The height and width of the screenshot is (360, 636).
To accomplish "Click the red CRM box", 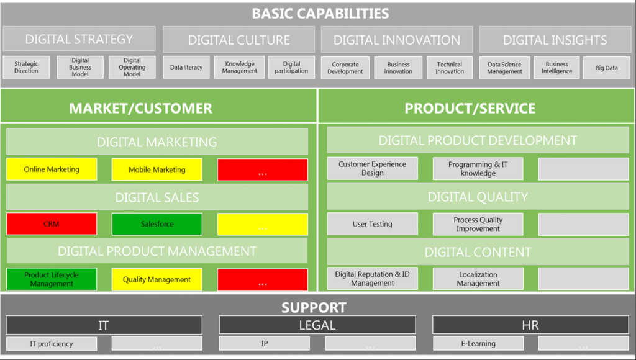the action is click(x=52, y=224).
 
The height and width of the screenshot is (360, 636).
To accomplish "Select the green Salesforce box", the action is click(x=157, y=224).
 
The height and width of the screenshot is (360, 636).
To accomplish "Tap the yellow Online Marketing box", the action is click(x=52, y=169).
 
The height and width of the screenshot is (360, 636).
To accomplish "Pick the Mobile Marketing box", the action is click(x=157, y=169).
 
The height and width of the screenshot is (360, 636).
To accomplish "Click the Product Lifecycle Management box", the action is click(x=52, y=279).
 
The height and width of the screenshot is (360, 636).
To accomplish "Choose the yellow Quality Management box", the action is click(x=157, y=279).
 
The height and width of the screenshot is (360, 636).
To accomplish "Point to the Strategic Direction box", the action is click(x=26, y=67).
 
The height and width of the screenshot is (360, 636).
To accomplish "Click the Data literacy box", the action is click(x=186, y=67).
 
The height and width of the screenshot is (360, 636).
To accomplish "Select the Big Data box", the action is click(x=607, y=68).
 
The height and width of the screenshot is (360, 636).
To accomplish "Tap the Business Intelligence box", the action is click(x=556, y=68).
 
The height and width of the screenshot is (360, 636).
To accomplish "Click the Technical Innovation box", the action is click(x=450, y=68).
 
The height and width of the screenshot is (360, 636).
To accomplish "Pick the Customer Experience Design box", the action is click(x=373, y=168).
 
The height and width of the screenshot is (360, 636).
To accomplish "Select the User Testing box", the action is click(x=373, y=224).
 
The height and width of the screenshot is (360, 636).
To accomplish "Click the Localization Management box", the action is click(x=478, y=279).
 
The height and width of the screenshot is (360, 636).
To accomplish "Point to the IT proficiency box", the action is click(x=52, y=344).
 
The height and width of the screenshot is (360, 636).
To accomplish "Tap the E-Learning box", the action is click(x=478, y=343).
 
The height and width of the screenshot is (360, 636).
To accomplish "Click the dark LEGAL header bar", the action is click(x=317, y=325).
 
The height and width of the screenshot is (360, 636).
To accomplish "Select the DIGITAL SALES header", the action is click(x=157, y=197).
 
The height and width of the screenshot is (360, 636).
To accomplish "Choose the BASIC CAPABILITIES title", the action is click(x=320, y=14).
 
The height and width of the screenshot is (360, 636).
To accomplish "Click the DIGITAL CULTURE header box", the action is click(x=239, y=40).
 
